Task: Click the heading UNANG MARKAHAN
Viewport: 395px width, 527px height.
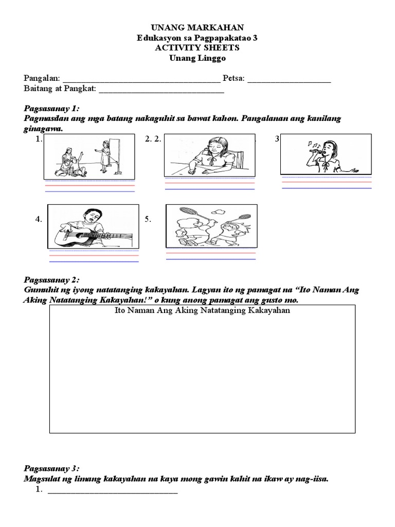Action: (x=197, y=27)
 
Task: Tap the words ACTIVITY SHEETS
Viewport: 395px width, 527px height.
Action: (x=197, y=47)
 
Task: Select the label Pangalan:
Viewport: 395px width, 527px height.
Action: (x=42, y=78)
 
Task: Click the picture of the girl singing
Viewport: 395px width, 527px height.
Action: (x=326, y=154)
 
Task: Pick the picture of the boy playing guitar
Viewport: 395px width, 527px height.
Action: (x=93, y=226)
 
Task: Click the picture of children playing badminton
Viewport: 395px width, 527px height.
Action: (x=211, y=225)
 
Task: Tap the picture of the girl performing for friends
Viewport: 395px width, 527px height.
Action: (x=89, y=156)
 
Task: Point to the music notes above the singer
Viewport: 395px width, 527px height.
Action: (x=311, y=144)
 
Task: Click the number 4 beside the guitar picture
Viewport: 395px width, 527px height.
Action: (x=39, y=219)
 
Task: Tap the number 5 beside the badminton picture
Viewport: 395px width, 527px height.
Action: (x=148, y=219)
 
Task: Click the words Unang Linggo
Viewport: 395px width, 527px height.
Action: (x=197, y=58)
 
